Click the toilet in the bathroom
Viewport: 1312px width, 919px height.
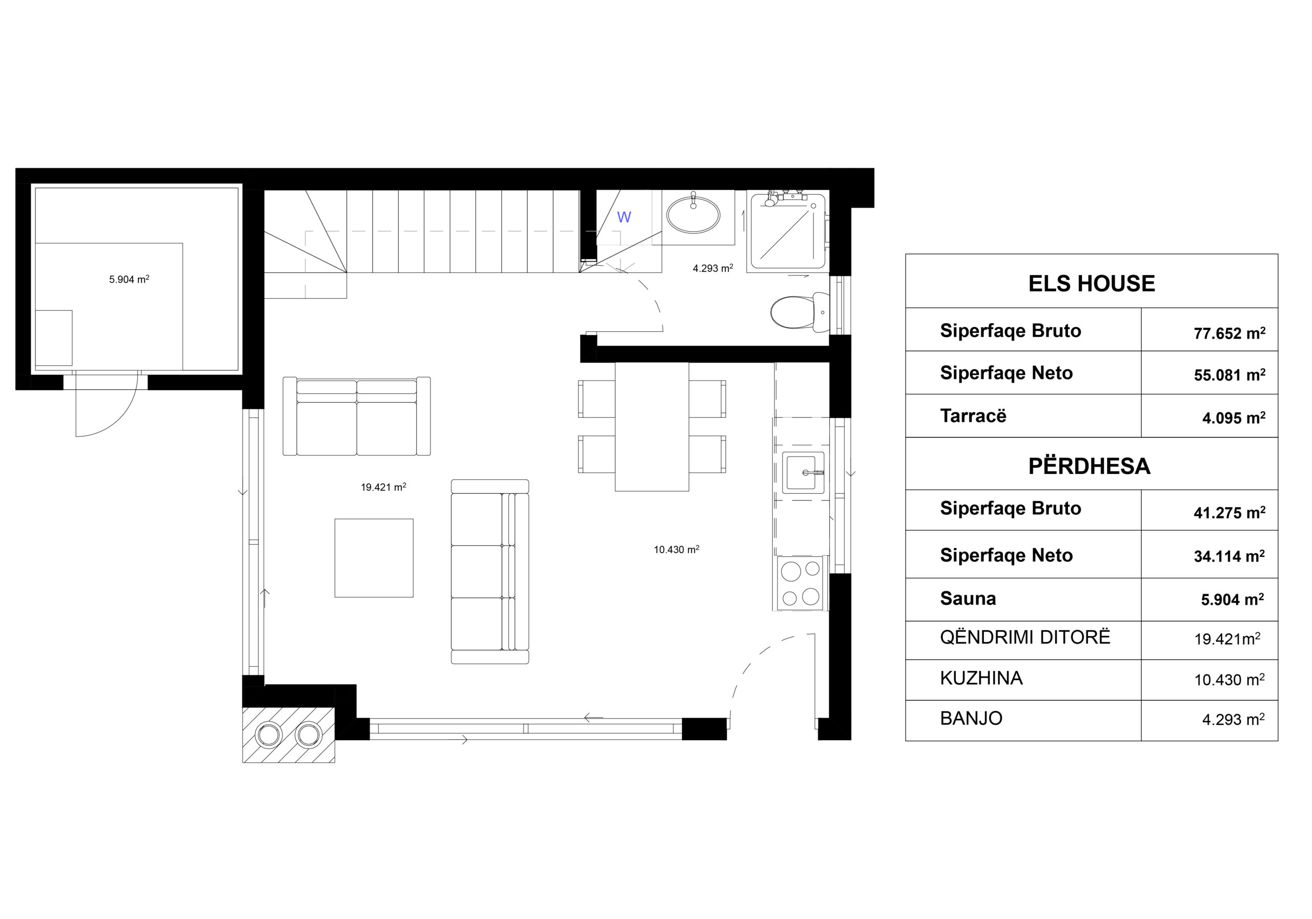coord(799,312)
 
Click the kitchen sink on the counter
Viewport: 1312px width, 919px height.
coord(803,472)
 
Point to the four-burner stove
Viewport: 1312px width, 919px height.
coord(800,583)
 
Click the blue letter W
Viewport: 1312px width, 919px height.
coord(624,217)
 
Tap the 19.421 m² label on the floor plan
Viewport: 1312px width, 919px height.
coord(383,487)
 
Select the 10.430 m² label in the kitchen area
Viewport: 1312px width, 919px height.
coord(676,550)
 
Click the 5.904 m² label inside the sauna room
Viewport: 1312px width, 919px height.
coord(129,279)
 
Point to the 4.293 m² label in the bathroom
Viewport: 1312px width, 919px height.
coord(712,268)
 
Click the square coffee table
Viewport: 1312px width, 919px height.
coord(374,558)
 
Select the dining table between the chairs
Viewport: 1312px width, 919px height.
coord(651,427)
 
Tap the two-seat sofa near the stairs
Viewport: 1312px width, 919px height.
coord(357,416)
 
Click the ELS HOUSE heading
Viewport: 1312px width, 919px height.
coord(1092,284)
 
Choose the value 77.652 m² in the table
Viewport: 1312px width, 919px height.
coord(1229,333)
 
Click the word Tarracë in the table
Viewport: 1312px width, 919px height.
coord(973,416)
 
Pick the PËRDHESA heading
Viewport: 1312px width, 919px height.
coord(1089,466)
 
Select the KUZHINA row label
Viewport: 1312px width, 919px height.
coord(981,678)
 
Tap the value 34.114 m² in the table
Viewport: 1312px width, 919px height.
coord(1229,556)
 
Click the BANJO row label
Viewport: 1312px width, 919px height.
coord(971,719)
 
